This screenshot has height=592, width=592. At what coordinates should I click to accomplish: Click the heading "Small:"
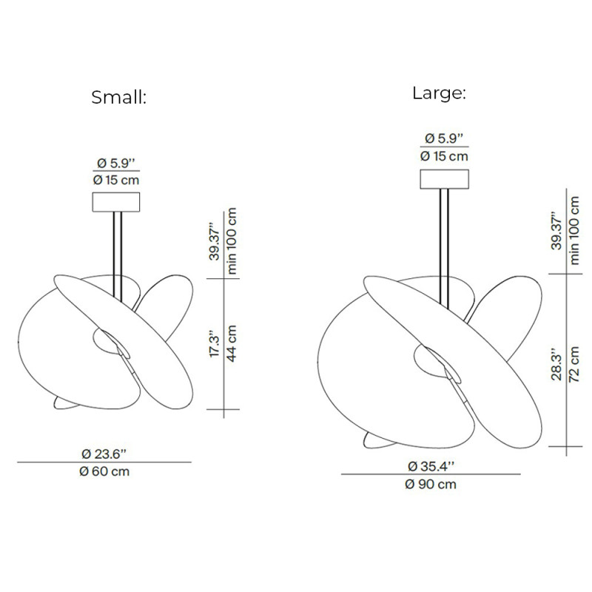coord(119,98)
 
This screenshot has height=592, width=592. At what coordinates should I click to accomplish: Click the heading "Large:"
coord(439,93)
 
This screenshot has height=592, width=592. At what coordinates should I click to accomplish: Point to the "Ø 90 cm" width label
coord(431,485)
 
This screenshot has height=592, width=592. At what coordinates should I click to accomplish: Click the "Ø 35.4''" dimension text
coord(431,466)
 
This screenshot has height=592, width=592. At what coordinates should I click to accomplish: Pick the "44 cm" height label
coord(232,343)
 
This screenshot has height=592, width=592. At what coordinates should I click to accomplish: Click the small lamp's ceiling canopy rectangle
coord(116,202)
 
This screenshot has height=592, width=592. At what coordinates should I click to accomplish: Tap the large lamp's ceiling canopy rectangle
coord(445,179)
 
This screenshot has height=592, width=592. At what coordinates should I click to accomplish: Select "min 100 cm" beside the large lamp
coord(573,229)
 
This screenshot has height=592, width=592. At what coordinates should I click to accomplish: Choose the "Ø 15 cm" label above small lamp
coord(116,179)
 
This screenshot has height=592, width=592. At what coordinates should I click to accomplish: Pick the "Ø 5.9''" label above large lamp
coord(444,138)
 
